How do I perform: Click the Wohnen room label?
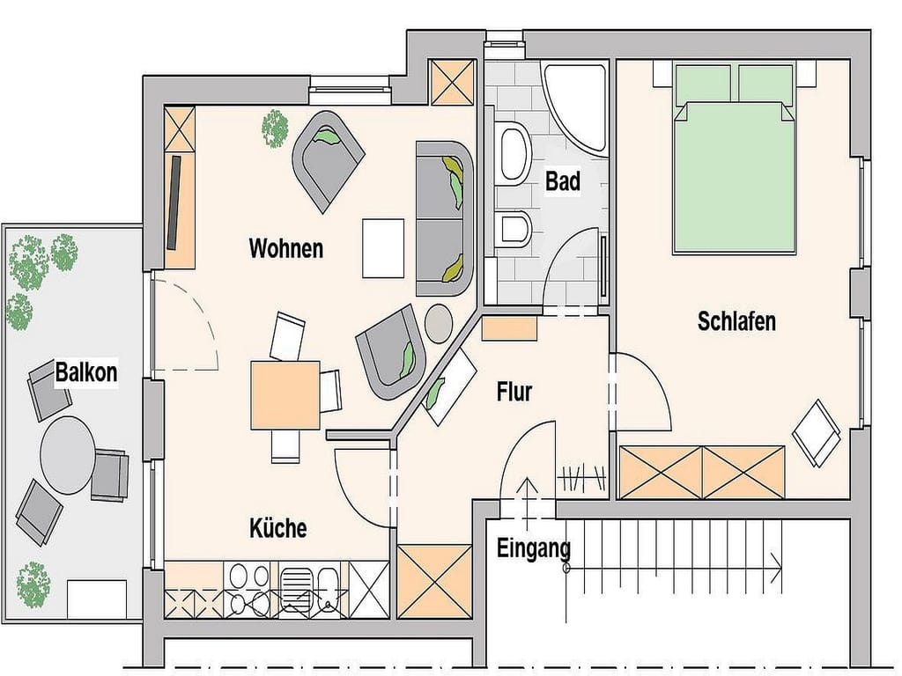click(x=286, y=248)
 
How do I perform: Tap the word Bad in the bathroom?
click(x=563, y=181)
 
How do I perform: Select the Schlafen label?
click(x=736, y=320)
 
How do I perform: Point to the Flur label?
click(x=514, y=392)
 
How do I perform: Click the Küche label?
click(x=277, y=528)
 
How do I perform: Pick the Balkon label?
click(x=86, y=372)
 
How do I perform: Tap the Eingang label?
click(x=533, y=549)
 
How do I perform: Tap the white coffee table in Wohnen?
click(x=384, y=247)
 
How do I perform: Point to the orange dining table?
click(x=285, y=395)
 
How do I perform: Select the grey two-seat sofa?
click(x=444, y=219)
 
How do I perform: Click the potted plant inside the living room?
click(x=275, y=129)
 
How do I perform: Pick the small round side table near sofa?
click(x=439, y=323)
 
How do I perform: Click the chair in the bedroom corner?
click(x=817, y=433)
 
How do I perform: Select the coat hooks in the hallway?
click(x=581, y=478)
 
